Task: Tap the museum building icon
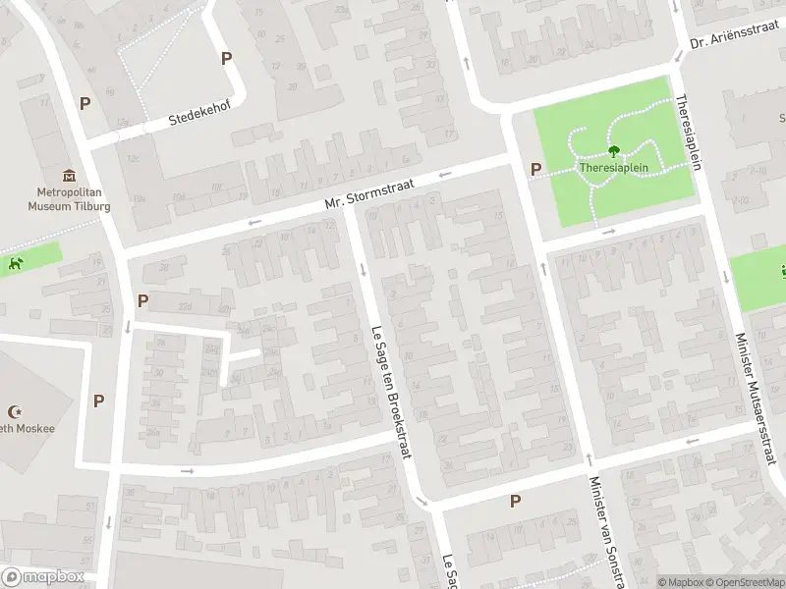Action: [x=67, y=176]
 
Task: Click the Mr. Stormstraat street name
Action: [x=369, y=194]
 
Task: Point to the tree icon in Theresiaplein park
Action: [x=614, y=151]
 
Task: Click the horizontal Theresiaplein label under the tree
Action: [x=614, y=167]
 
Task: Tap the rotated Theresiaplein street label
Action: [x=688, y=132]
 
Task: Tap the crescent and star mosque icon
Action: [x=14, y=412]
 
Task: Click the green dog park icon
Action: [x=15, y=263]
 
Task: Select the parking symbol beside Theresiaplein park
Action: [x=535, y=169]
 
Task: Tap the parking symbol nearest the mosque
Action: [x=98, y=401]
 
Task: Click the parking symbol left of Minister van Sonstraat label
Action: [x=514, y=502]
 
